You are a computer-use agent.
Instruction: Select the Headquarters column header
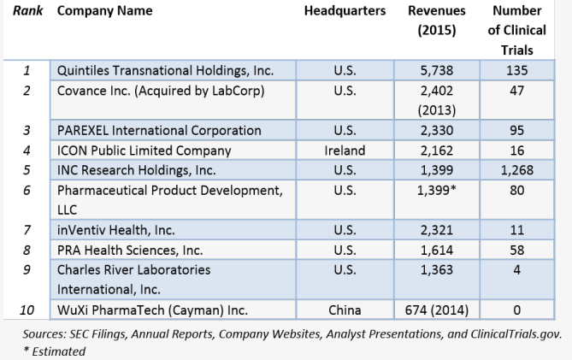tap(345, 11)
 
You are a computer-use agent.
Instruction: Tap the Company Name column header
tap(104, 11)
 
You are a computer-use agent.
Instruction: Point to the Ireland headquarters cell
tap(345, 150)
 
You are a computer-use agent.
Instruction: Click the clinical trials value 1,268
tap(516, 170)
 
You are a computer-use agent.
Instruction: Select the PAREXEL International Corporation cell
tap(158, 131)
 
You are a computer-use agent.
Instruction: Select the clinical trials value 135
tap(516, 70)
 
